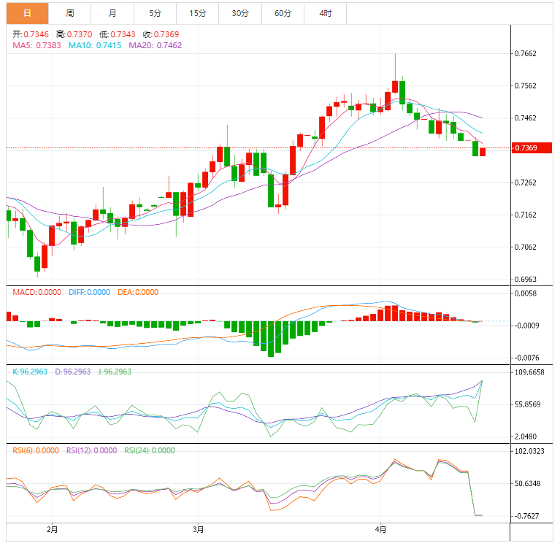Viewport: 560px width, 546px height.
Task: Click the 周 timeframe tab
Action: tap(69, 13)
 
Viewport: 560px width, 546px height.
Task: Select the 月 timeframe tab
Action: tap(112, 13)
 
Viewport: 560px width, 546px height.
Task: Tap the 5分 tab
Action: tap(155, 13)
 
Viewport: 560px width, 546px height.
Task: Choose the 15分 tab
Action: tap(198, 13)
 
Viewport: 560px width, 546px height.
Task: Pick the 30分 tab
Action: tap(240, 13)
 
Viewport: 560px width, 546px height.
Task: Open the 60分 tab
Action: tap(283, 13)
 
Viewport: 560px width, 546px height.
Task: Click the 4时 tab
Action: tap(325, 13)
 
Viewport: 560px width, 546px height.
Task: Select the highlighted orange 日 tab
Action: tap(27, 13)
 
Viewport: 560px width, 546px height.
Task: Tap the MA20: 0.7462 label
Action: tap(155, 45)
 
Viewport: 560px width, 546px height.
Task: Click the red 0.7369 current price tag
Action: tap(526, 148)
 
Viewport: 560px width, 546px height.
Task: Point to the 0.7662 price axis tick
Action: tap(526, 54)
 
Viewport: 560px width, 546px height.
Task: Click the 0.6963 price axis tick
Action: tap(526, 280)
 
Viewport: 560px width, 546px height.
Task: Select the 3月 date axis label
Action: tap(199, 528)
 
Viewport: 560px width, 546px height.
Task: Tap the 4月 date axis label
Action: tap(381, 528)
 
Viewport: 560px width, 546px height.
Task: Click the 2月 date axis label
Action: tap(50, 528)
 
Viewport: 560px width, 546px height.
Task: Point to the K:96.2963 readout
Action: tap(30, 372)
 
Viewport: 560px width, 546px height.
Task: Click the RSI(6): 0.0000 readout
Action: tap(36, 450)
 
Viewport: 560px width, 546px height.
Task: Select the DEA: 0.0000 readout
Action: tap(137, 292)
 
